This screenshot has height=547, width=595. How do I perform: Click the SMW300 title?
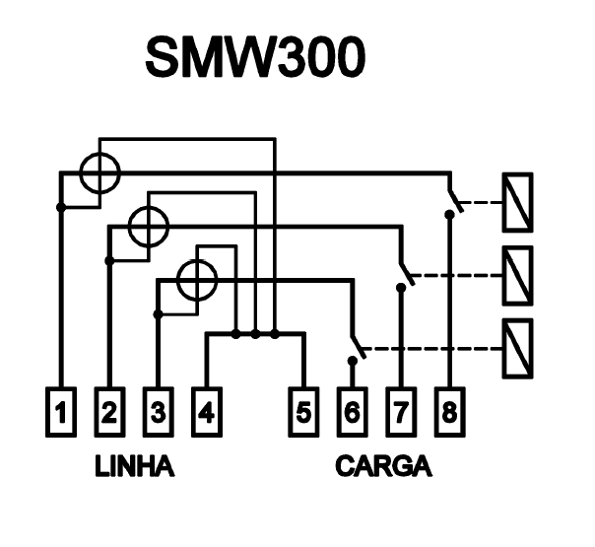tap(255, 58)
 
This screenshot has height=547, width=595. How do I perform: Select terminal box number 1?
tap(61, 412)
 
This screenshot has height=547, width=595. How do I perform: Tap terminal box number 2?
tap(109, 412)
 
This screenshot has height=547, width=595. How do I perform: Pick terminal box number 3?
tap(159, 412)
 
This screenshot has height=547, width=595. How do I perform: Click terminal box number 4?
tap(207, 412)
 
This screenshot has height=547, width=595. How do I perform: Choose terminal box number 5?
tap(303, 412)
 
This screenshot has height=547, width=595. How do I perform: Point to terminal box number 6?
tap(352, 412)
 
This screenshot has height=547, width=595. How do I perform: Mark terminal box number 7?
tap(401, 412)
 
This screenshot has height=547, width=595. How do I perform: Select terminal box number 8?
tap(449, 412)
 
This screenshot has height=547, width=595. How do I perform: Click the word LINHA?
tap(135, 466)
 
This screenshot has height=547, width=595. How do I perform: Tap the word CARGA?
tap(383, 466)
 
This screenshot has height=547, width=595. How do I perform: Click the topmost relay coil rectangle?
tap(517, 202)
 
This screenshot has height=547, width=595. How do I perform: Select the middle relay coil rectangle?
tap(517, 276)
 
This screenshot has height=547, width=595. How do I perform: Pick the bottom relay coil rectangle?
tap(517, 349)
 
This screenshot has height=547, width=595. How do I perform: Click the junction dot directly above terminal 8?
tap(449, 215)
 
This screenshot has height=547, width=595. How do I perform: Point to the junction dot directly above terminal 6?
tap(353, 361)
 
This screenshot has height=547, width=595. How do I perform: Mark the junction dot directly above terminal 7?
tap(401, 288)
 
